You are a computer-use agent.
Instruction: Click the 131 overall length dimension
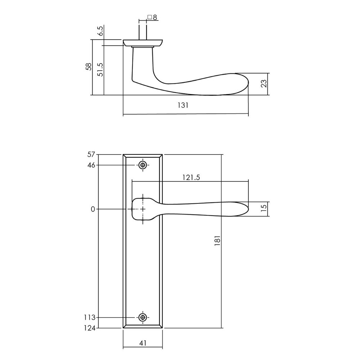(x=183, y=105)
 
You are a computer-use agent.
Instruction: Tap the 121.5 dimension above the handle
(x=191, y=177)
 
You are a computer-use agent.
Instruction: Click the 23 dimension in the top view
(x=264, y=84)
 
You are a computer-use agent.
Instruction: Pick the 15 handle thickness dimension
(x=264, y=210)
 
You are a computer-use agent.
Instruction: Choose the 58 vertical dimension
(x=89, y=67)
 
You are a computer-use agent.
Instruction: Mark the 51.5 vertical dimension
(x=100, y=69)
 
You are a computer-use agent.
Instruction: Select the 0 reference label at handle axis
(x=93, y=209)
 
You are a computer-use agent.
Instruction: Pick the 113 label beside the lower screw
(x=90, y=318)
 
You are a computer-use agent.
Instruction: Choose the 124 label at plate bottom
(x=90, y=328)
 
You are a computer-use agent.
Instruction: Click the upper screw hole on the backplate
(x=143, y=165)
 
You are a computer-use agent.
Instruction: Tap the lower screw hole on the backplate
(x=143, y=317)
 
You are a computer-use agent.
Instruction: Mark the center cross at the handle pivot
(x=143, y=209)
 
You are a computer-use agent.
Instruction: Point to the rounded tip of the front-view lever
(x=246, y=209)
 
